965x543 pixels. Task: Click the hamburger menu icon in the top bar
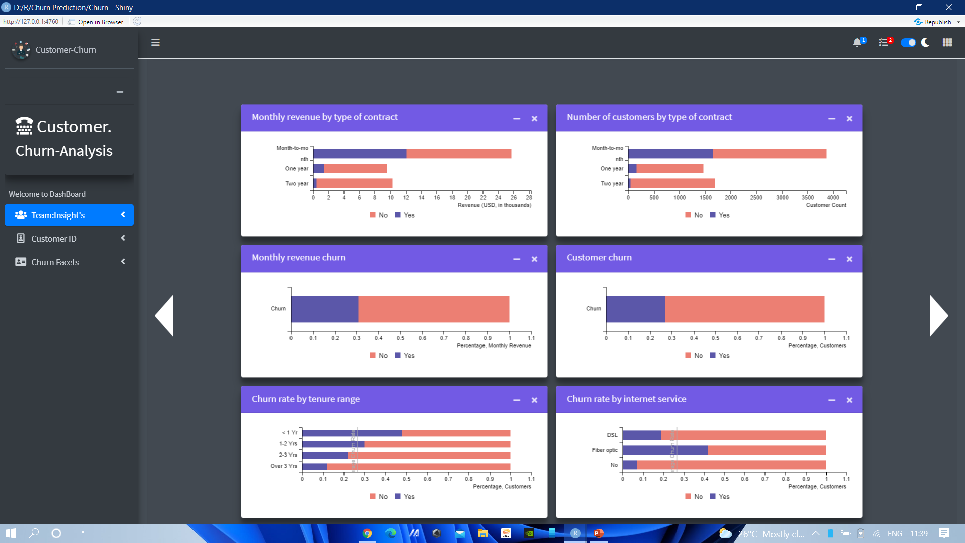pyautogui.click(x=155, y=43)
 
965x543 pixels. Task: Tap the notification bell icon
pyautogui.click(x=857, y=43)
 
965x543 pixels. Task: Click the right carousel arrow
pyautogui.click(x=938, y=315)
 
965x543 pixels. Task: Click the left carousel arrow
pyautogui.click(x=165, y=315)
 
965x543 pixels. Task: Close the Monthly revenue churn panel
pyautogui.click(x=534, y=259)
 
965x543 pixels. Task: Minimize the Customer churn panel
pyautogui.click(x=831, y=259)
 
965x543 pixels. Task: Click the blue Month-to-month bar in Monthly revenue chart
pyautogui.click(x=359, y=154)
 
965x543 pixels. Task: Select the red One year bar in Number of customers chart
pyautogui.click(x=669, y=169)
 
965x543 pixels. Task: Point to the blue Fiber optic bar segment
pyautogui.click(x=664, y=450)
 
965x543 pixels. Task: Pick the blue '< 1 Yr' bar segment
pyautogui.click(x=351, y=433)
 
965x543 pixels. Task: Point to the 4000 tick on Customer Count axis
pyautogui.click(x=833, y=197)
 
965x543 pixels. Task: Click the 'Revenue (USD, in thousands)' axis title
pyautogui.click(x=494, y=205)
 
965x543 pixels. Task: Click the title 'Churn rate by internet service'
pyautogui.click(x=626, y=399)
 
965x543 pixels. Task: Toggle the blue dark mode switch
pyautogui.click(x=908, y=43)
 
